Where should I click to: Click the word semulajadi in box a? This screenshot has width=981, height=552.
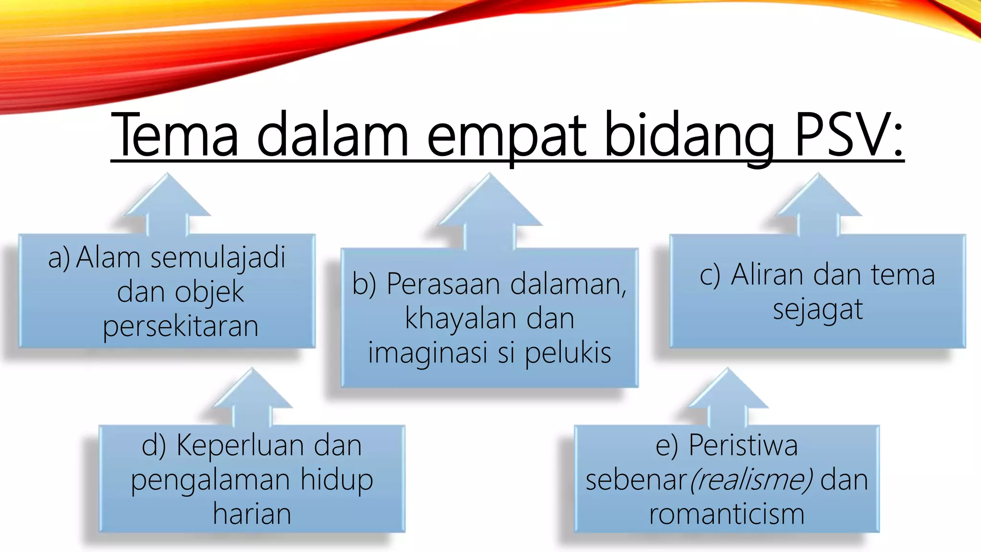[x=218, y=258]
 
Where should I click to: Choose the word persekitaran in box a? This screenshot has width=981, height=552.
[x=181, y=327]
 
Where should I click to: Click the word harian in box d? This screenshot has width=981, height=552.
[x=252, y=514]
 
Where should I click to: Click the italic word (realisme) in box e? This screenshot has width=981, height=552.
[x=751, y=480]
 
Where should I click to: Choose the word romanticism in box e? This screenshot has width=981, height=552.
[x=727, y=514]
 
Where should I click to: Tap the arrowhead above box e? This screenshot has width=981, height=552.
[x=727, y=391]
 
